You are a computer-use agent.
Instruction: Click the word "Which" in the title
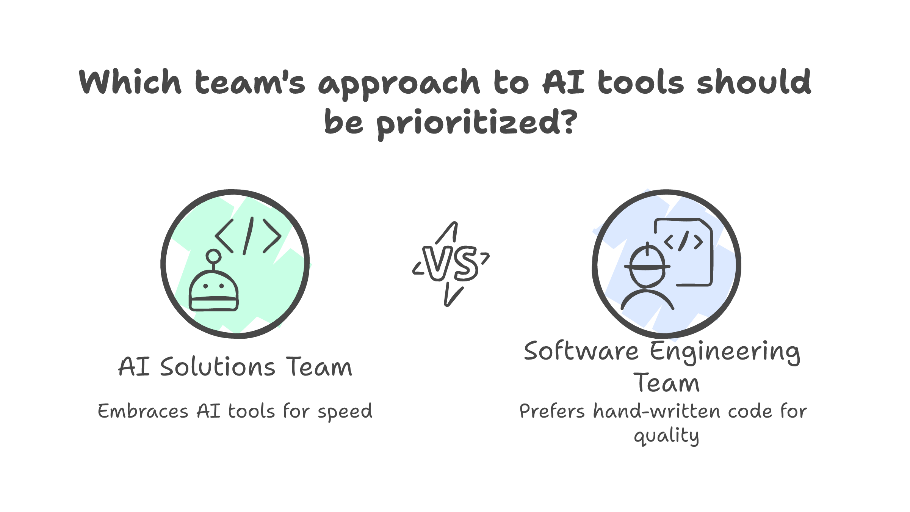(130, 82)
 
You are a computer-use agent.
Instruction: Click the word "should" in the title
(753, 82)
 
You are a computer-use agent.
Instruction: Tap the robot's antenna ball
(213, 256)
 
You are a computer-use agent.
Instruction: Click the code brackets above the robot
(248, 236)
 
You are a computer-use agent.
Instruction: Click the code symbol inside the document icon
(684, 241)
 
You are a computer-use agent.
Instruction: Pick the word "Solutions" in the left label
(218, 367)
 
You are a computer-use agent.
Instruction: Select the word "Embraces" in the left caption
(143, 411)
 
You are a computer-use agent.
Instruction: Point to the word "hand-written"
(657, 411)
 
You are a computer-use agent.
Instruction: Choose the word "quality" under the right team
(667, 436)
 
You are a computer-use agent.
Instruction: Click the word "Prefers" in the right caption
(552, 411)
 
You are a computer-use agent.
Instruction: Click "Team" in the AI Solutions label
(319, 367)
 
